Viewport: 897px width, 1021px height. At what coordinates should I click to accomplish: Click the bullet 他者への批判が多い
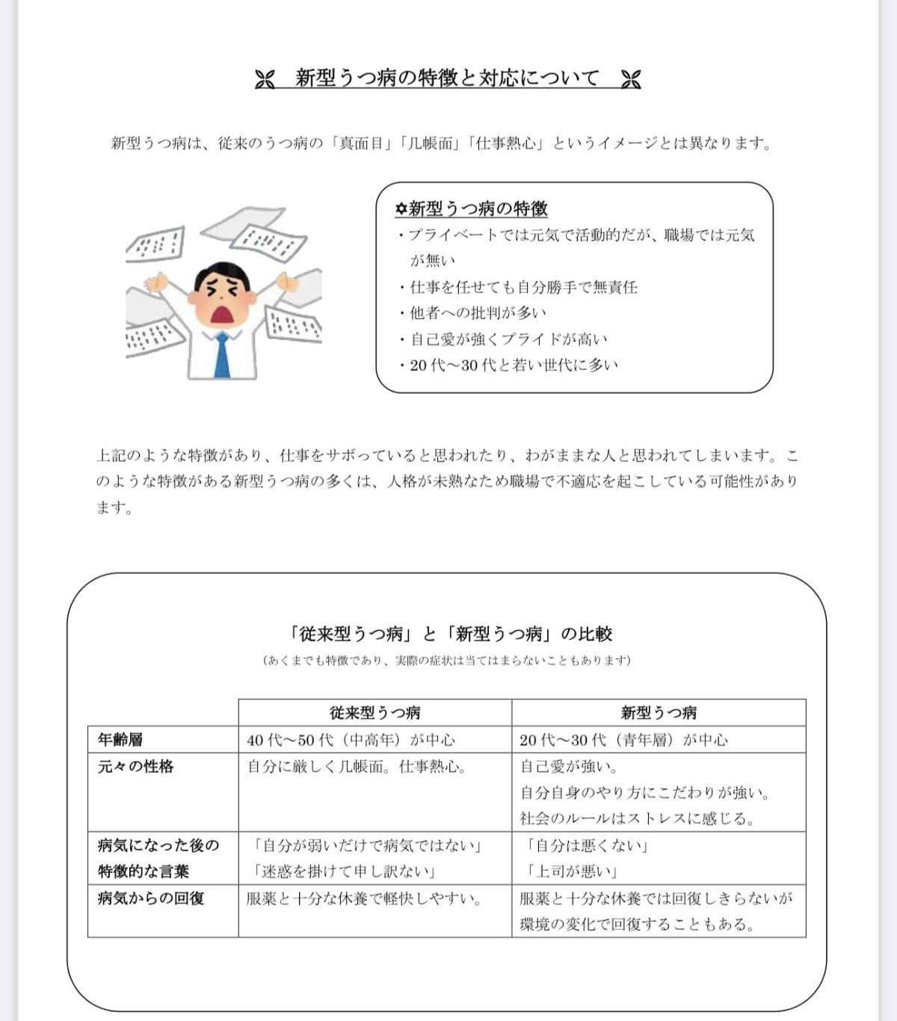pyautogui.click(x=478, y=313)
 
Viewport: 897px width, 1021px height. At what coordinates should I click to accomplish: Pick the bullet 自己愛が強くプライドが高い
pyautogui.click(x=508, y=339)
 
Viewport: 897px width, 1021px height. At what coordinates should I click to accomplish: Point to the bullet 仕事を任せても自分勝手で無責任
pyautogui.click(x=523, y=287)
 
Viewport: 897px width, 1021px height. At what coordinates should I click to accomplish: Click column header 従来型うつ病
pyautogui.click(x=374, y=712)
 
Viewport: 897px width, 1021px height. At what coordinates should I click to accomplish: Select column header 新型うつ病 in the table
pyautogui.click(x=659, y=712)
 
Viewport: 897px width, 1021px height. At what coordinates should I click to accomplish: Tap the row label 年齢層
pyautogui.click(x=120, y=740)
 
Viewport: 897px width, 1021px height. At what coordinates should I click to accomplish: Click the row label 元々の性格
pyautogui.click(x=135, y=766)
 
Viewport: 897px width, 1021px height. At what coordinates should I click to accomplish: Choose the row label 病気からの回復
pyautogui.click(x=151, y=898)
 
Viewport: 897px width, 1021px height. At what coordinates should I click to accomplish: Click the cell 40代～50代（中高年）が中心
pyautogui.click(x=351, y=740)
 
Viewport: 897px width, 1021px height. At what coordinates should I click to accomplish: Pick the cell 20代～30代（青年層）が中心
pyautogui.click(x=623, y=740)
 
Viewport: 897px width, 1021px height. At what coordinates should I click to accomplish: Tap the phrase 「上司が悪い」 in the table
pyautogui.click(x=570, y=872)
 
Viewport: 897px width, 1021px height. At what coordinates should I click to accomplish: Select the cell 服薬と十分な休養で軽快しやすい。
pyautogui.click(x=365, y=898)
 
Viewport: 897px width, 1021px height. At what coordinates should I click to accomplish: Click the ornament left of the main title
pyautogui.click(x=265, y=79)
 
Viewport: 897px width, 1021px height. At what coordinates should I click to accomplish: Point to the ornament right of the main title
pyautogui.click(x=631, y=79)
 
